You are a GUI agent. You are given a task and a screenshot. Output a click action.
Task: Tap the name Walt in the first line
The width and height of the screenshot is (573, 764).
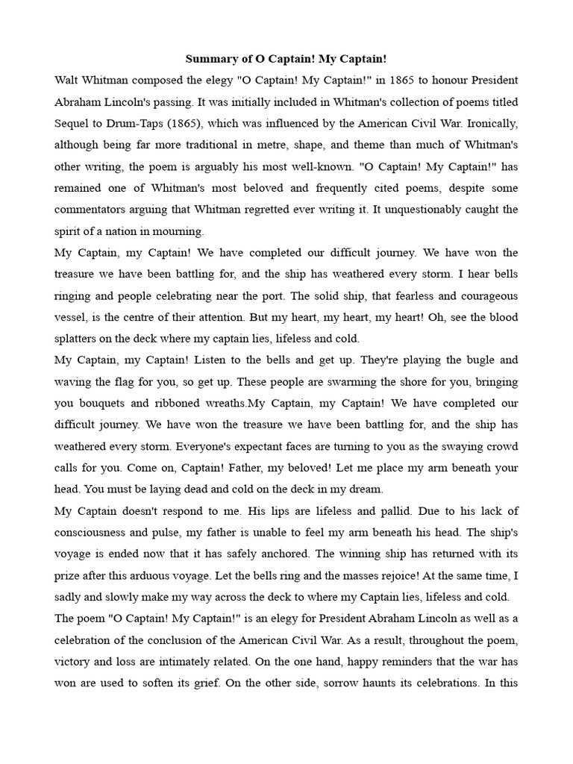(68, 80)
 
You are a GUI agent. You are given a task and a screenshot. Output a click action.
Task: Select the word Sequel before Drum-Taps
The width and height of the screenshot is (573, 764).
(72, 123)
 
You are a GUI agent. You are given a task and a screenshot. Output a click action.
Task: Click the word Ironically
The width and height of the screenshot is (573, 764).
(486, 123)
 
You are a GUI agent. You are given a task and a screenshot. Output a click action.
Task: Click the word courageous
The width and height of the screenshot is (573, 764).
(477, 295)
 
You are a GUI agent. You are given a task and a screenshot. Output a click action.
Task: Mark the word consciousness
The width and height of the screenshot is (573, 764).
(94, 532)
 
